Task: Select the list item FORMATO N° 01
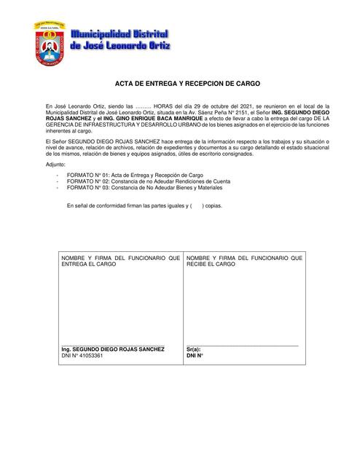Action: [x=135, y=176]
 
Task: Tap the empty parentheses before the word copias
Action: [x=197, y=206]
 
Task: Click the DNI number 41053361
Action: [x=88, y=356]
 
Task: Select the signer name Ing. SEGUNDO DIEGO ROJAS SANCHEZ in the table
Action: [x=113, y=349]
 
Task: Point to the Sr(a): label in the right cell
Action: [x=193, y=349]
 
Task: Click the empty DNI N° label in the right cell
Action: [x=195, y=356]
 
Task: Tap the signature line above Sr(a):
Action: [x=242, y=344]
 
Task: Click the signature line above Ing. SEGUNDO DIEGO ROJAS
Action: [x=113, y=344]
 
